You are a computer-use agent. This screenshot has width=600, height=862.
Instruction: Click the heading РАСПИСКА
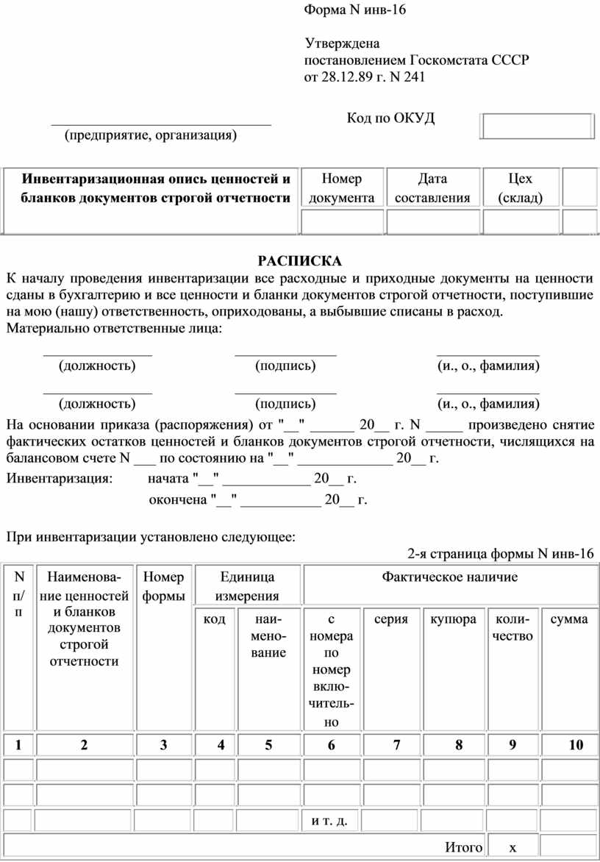[x=299, y=260]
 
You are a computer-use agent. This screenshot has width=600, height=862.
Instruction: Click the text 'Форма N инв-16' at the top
[x=355, y=10]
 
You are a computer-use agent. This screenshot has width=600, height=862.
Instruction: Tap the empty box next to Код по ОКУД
[x=536, y=126]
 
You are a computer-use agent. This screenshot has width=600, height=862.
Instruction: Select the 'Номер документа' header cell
[x=342, y=188]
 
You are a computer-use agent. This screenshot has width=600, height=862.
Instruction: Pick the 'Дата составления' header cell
[x=432, y=188]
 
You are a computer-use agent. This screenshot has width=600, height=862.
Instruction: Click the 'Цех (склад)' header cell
[x=521, y=188]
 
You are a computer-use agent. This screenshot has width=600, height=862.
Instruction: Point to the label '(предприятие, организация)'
[x=151, y=135]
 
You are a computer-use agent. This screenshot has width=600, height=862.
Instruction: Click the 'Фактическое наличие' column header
[x=449, y=577]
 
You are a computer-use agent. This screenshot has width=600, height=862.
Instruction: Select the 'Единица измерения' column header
[x=247, y=586]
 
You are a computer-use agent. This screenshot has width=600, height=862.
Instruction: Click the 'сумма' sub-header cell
[x=569, y=619]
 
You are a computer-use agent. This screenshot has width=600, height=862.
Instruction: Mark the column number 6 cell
[x=332, y=746]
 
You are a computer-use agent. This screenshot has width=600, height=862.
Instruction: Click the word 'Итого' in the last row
[x=464, y=847]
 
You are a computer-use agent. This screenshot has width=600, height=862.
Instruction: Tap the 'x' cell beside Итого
[x=512, y=847]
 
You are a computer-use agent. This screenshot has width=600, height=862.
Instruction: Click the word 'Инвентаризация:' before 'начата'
[x=60, y=479]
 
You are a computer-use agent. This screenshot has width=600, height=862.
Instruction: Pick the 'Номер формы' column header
[x=164, y=586]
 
